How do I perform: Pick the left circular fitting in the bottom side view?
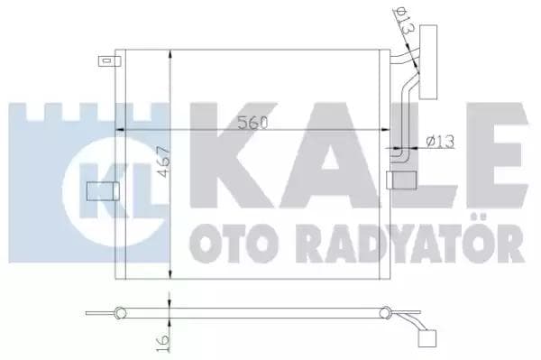tap(119, 312)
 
